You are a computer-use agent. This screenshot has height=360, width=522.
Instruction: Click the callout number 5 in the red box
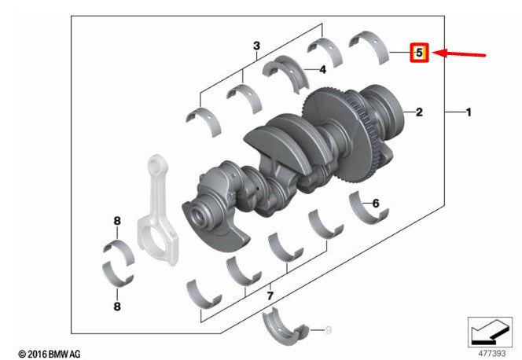click(x=419, y=53)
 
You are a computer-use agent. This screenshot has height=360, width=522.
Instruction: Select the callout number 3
click(x=256, y=46)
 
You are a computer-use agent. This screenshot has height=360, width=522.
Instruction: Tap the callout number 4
click(x=322, y=70)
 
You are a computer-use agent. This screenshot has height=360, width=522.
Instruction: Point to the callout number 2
click(x=419, y=112)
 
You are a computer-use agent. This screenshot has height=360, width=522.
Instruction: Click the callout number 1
click(x=469, y=112)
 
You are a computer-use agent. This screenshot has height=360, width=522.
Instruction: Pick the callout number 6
click(x=376, y=203)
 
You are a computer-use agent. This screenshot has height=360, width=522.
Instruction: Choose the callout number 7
click(x=270, y=296)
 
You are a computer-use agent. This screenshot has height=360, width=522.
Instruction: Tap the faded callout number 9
click(x=329, y=330)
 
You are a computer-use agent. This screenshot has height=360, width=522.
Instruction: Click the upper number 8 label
click(x=117, y=221)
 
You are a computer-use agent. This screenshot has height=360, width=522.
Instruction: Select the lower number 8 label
click(x=117, y=306)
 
